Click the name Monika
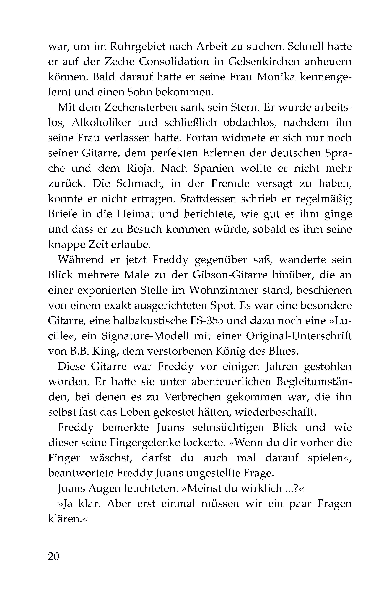tap(276, 77)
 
